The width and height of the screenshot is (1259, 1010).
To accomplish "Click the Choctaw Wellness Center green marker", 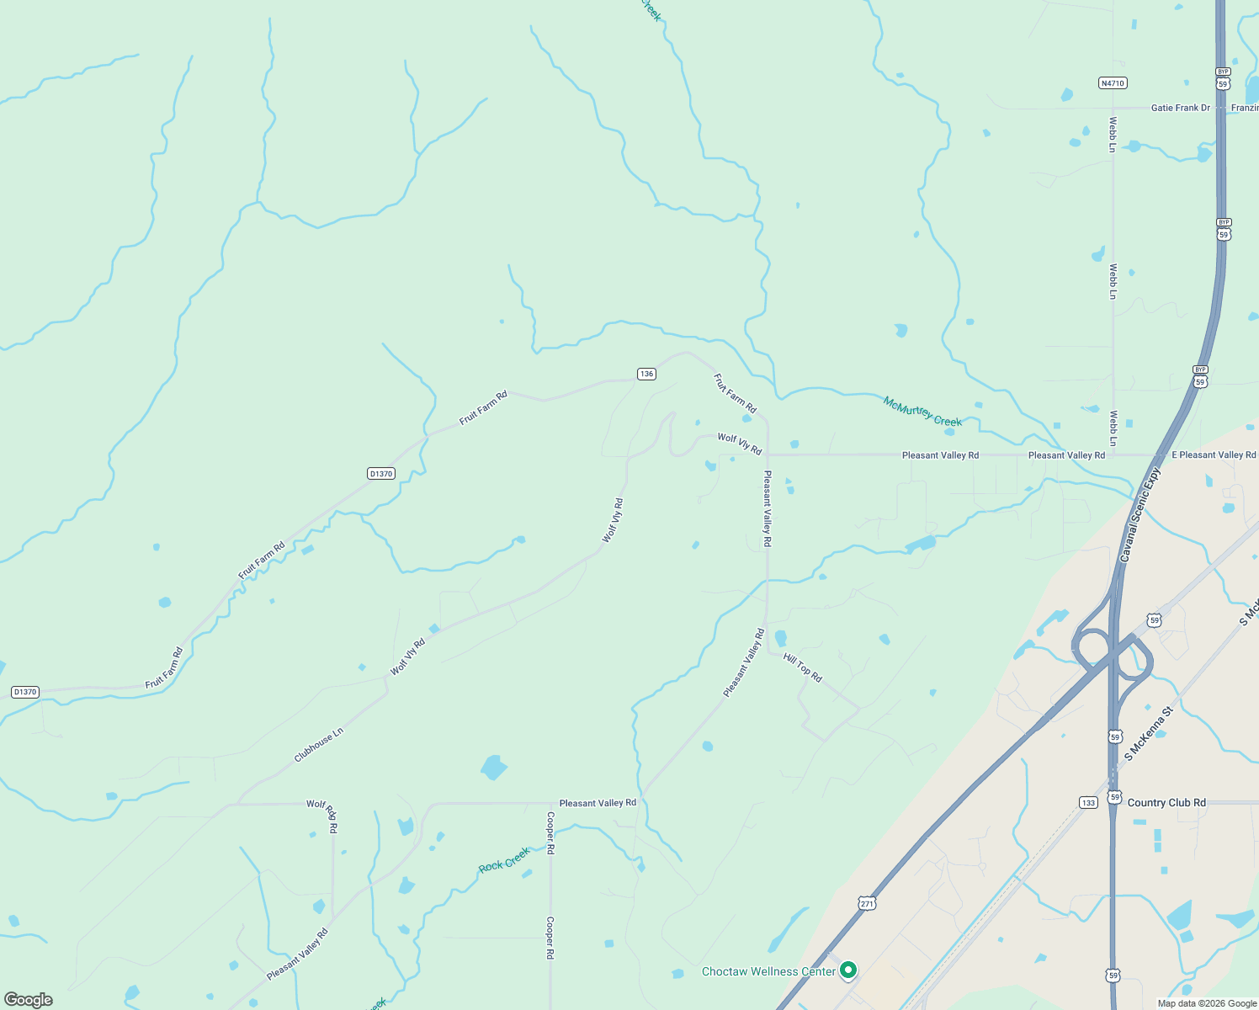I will (848, 970).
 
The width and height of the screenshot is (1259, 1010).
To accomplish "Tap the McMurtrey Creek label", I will (922, 412).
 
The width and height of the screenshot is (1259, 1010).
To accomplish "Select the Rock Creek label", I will (504, 860).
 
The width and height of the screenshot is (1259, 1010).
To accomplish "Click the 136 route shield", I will (646, 374).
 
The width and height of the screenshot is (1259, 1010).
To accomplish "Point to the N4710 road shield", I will (1113, 83).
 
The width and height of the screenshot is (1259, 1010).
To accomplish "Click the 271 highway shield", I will (868, 903).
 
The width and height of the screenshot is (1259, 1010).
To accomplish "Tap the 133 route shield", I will (1089, 802).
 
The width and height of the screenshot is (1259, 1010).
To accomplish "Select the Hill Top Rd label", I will (802, 667).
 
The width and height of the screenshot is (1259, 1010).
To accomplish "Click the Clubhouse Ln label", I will (319, 745).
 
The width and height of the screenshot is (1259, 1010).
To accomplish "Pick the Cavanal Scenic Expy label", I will (1140, 515).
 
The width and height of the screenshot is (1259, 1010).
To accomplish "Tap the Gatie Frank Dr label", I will (1180, 108).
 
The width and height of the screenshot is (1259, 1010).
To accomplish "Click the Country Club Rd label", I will (1166, 802).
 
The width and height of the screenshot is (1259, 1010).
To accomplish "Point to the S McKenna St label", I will (1149, 734).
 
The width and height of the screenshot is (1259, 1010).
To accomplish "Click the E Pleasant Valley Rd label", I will (1214, 454).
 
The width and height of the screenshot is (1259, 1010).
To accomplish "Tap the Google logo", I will (29, 1000).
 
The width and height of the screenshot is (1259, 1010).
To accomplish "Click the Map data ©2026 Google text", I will (1207, 1003).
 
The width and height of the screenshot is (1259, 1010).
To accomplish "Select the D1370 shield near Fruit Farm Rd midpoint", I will (381, 474).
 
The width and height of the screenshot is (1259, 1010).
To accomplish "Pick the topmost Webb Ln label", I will (1113, 135).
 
